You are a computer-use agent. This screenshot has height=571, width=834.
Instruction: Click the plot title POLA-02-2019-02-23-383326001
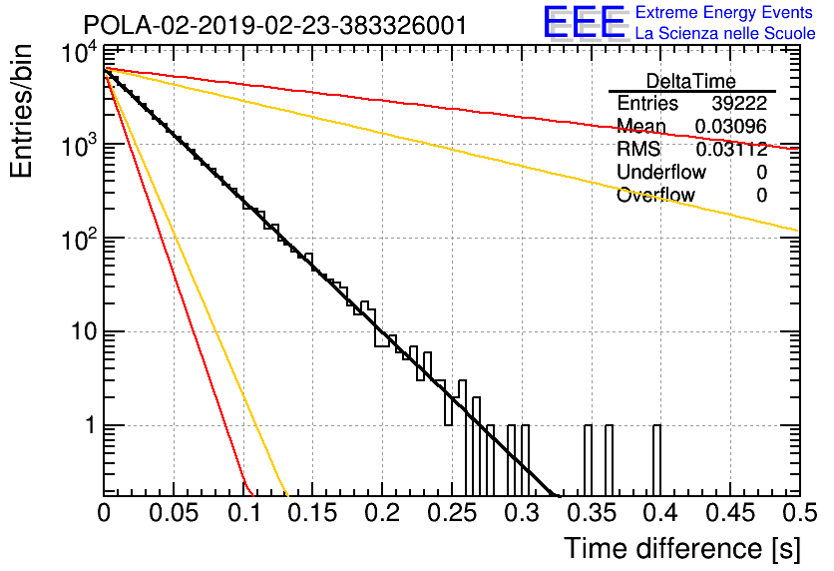(275, 25)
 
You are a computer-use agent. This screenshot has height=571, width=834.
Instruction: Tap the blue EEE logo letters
(584, 22)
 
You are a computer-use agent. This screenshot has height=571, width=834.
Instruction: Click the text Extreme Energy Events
(724, 12)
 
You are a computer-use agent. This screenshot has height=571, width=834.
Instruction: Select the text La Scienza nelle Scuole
(725, 33)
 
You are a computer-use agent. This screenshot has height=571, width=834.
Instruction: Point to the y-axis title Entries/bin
(21, 112)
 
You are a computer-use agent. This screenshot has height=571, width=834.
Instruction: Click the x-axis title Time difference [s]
(682, 548)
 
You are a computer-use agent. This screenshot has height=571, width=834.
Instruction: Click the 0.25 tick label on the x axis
(453, 513)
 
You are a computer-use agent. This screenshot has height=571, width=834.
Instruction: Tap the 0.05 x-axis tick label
(174, 513)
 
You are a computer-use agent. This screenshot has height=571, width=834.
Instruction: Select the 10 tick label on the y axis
(84, 331)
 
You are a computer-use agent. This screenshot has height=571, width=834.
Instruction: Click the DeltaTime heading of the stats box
(691, 81)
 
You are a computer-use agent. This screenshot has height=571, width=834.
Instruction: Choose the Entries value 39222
(739, 103)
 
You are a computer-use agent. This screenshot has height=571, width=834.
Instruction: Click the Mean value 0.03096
(731, 126)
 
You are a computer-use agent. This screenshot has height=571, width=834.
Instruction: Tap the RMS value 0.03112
(731, 149)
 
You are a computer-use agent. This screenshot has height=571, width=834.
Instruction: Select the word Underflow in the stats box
(661, 172)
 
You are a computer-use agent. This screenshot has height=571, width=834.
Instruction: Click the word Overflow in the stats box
(655, 195)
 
